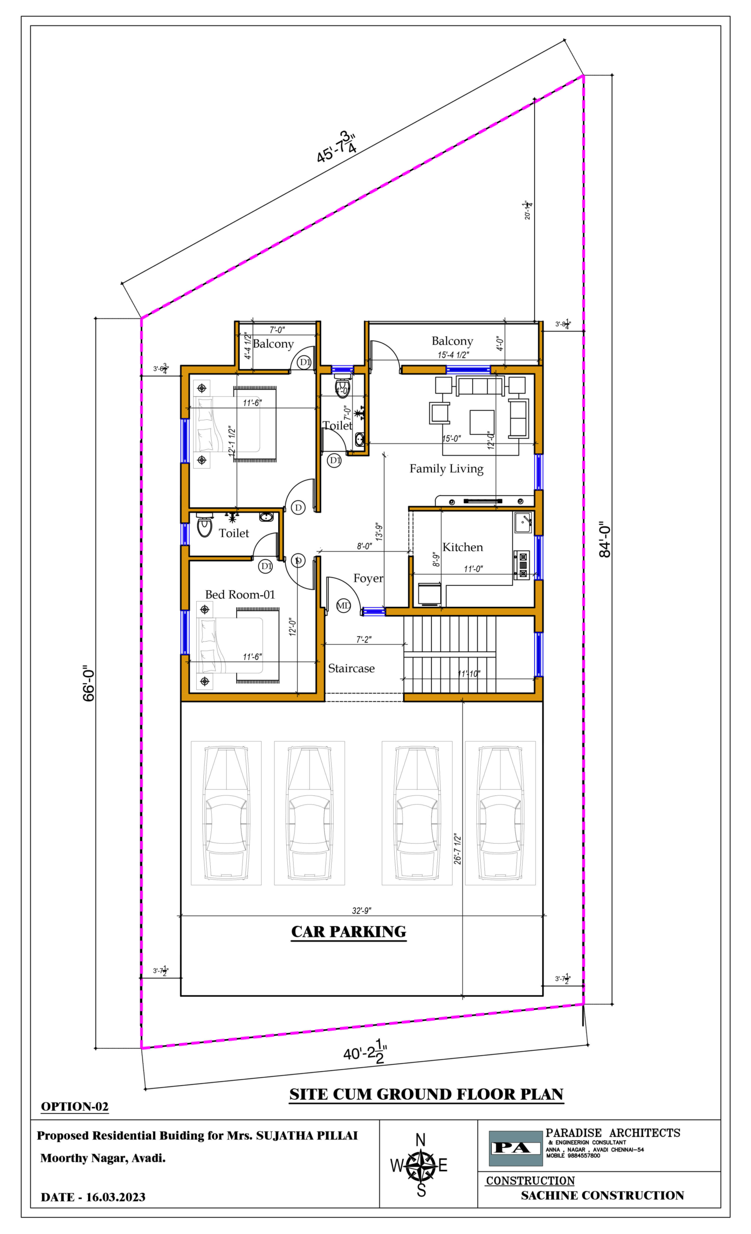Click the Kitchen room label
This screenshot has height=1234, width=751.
tap(463, 547)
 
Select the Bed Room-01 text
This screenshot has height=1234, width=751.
tap(240, 594)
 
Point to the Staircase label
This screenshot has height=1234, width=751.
tap(351, 668)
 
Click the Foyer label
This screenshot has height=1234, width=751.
tap(368, 578)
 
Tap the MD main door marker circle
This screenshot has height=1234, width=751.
tap(343, 605)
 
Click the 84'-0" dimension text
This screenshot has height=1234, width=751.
tap(605, 539)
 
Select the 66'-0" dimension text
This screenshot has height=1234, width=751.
tap(89, 683)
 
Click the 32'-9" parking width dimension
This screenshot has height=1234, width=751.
tap(361, 910)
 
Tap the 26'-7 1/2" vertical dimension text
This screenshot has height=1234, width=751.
tap(457, 849)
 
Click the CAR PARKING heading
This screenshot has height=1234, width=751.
tap(349, 932)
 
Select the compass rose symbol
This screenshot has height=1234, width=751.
tap(420, 1167)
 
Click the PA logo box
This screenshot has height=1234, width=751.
tap(515, 1148)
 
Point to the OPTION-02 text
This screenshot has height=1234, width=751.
tap(75, 1106)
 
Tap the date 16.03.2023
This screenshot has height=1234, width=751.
tap(116, 1197)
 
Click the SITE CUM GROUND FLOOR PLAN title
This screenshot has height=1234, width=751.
tap(426, 1094)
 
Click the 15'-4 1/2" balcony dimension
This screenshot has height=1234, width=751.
tap(453, 355)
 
